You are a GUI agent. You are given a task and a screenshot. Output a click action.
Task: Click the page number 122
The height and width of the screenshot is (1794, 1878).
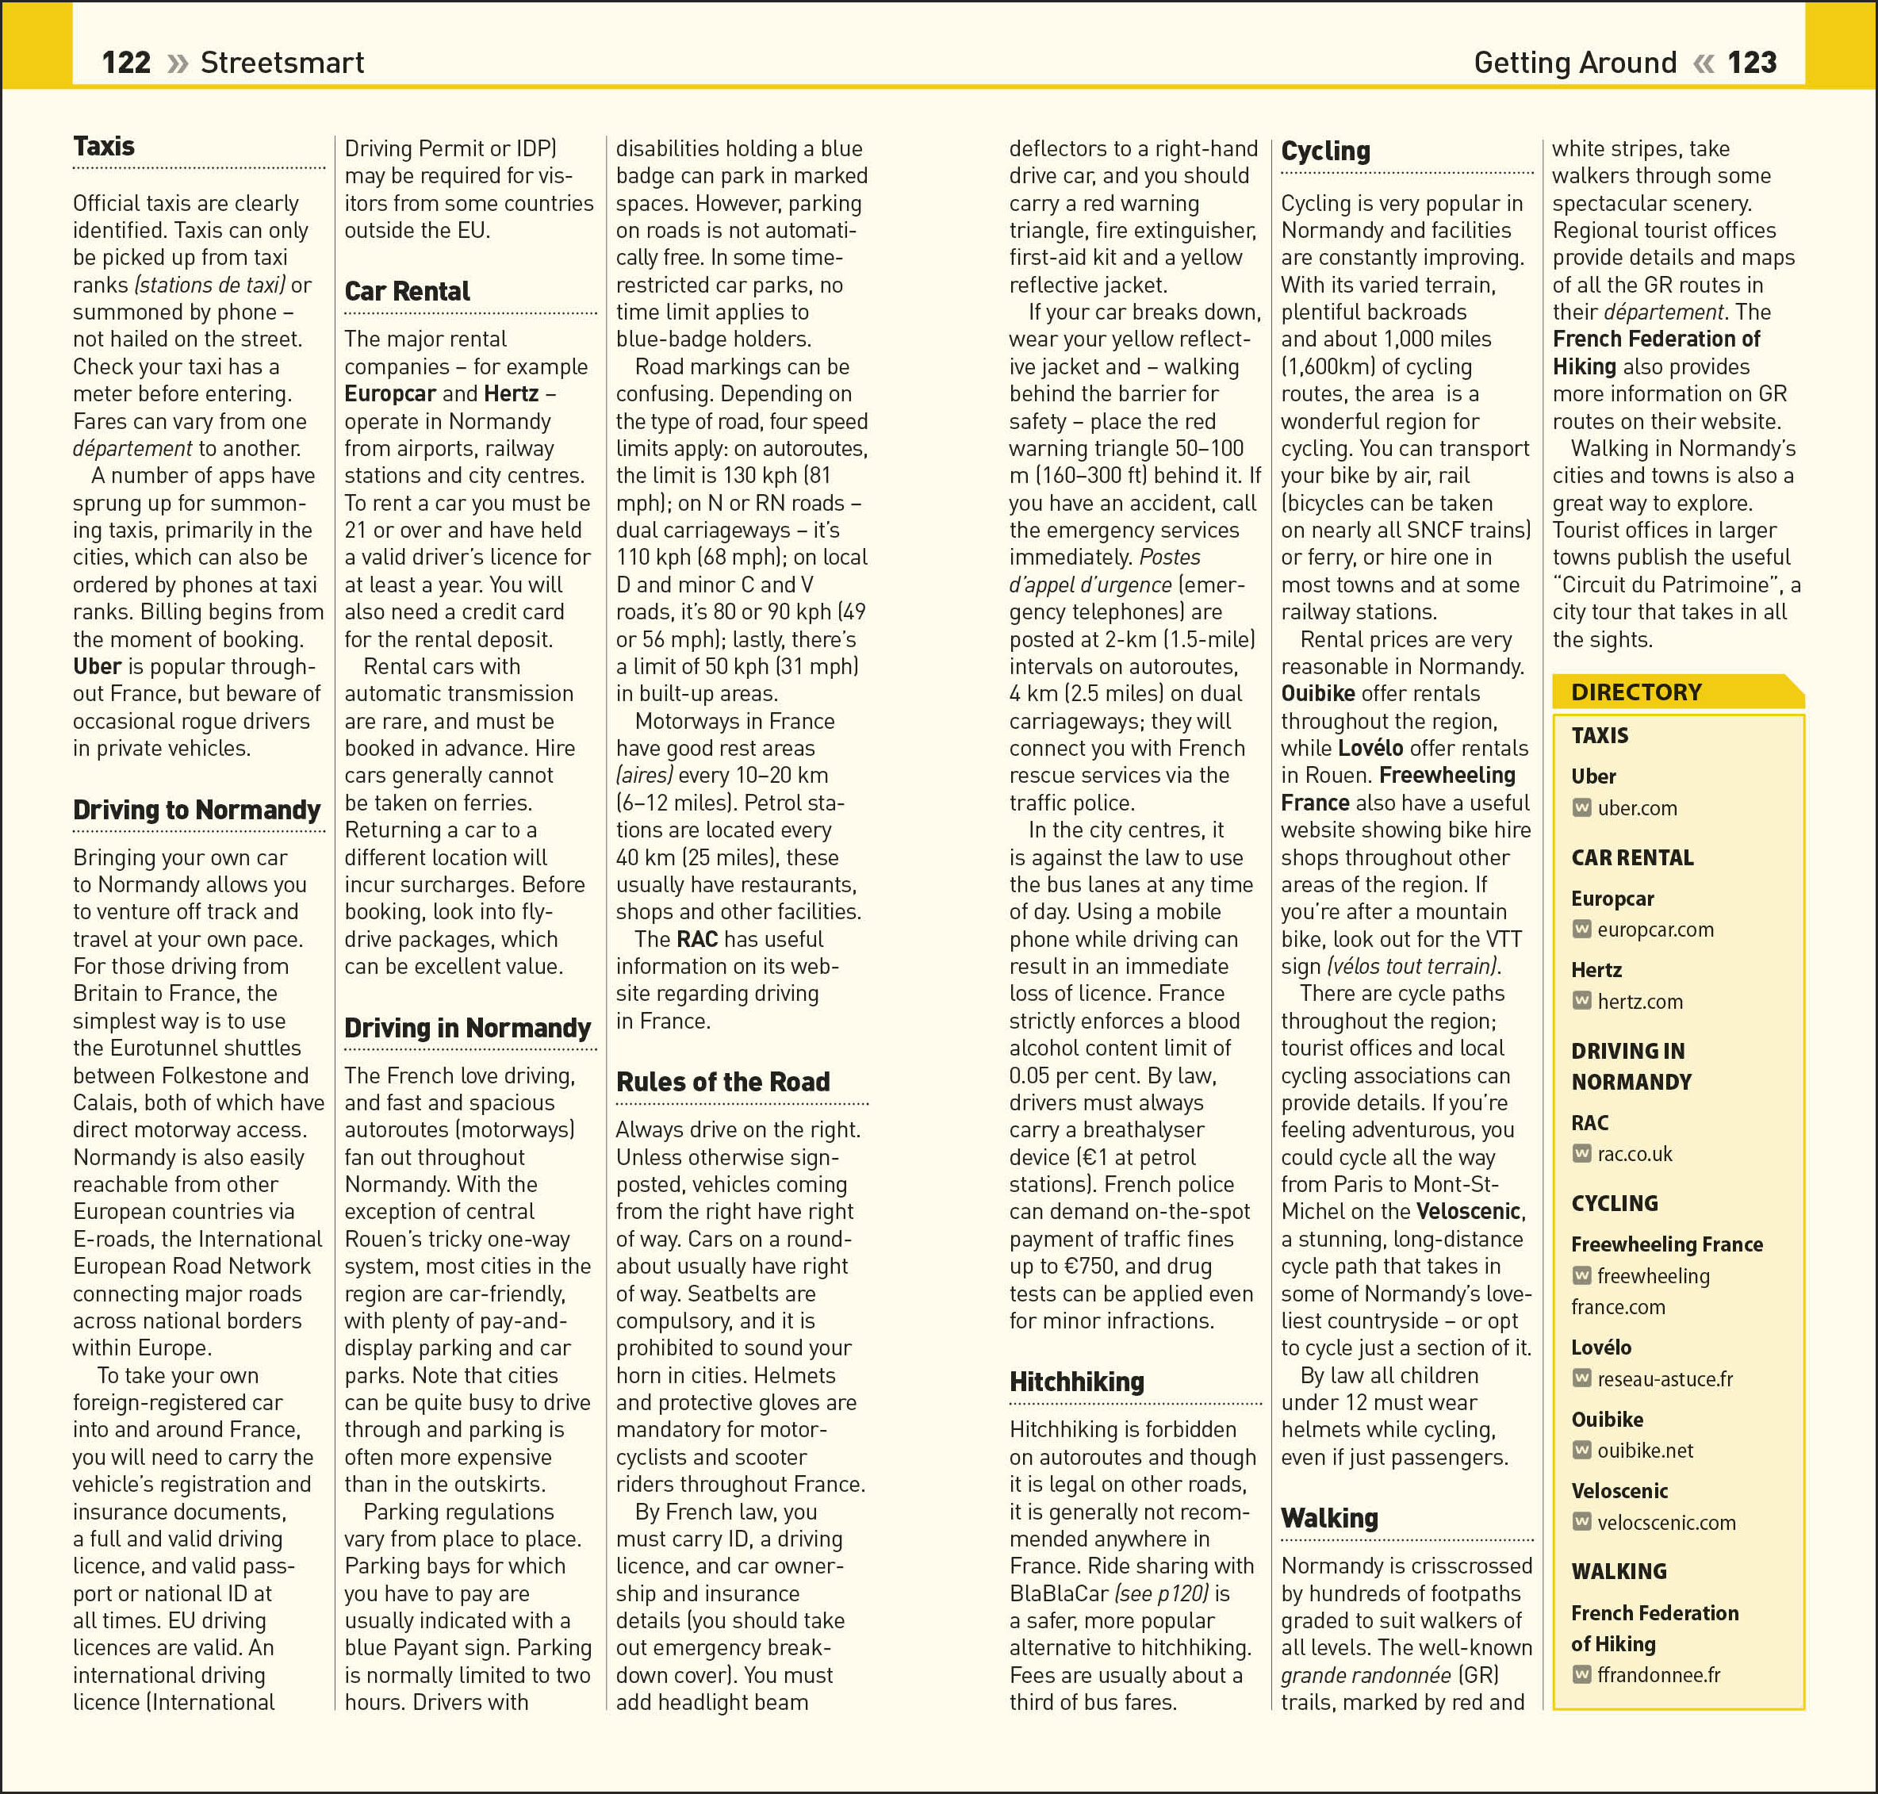coord(126,63)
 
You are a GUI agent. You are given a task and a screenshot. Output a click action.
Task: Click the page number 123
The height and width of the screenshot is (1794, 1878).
coord(1752,63)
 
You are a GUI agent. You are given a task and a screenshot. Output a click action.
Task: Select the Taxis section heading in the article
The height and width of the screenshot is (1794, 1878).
coord(104,146)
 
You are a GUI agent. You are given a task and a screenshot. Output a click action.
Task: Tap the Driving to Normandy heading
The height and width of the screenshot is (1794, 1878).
coord(197,810)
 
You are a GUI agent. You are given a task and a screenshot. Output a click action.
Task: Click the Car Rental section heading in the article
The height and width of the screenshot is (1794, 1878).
coord(408,292)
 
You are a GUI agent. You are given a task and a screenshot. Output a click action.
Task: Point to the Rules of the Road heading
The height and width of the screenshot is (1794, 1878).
coord(723,1082)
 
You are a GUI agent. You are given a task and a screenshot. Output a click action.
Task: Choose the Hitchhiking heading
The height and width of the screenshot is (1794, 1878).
coord(1077,1382)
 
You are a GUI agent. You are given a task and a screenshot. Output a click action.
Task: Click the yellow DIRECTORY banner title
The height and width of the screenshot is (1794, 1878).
coord(1636,692)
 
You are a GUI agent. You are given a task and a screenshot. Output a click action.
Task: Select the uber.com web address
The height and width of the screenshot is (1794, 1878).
coord(1637,808)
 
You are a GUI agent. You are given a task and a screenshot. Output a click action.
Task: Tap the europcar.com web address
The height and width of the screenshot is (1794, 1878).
coord(1655,930)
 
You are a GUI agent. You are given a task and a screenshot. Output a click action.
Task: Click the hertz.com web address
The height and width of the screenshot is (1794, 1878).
coord(1640,1001)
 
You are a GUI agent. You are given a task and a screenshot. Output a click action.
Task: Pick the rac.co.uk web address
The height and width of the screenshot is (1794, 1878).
coord(1635,1154)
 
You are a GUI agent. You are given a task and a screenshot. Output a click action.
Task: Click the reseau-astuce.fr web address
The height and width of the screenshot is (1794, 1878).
coord(1665,1379)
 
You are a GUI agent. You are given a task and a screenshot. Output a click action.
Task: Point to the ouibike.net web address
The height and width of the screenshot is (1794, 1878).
coord(1645,1451)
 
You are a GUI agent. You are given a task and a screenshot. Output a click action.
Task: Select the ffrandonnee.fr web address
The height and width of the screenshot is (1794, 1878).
coord(1659,1674)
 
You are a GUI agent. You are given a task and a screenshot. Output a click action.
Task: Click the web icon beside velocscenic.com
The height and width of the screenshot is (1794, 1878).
coord(1581,1521)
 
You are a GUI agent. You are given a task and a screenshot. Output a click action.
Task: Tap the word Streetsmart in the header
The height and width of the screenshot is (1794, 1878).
coord(282,63)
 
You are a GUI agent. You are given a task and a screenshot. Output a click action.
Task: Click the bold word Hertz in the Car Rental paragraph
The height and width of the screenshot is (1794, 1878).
coord(511,394)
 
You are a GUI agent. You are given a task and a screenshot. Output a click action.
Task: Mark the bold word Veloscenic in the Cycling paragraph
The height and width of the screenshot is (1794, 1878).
coord(1470,1212)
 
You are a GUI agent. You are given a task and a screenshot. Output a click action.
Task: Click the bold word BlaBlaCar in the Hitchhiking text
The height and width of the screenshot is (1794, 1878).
coord(1060,1594)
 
